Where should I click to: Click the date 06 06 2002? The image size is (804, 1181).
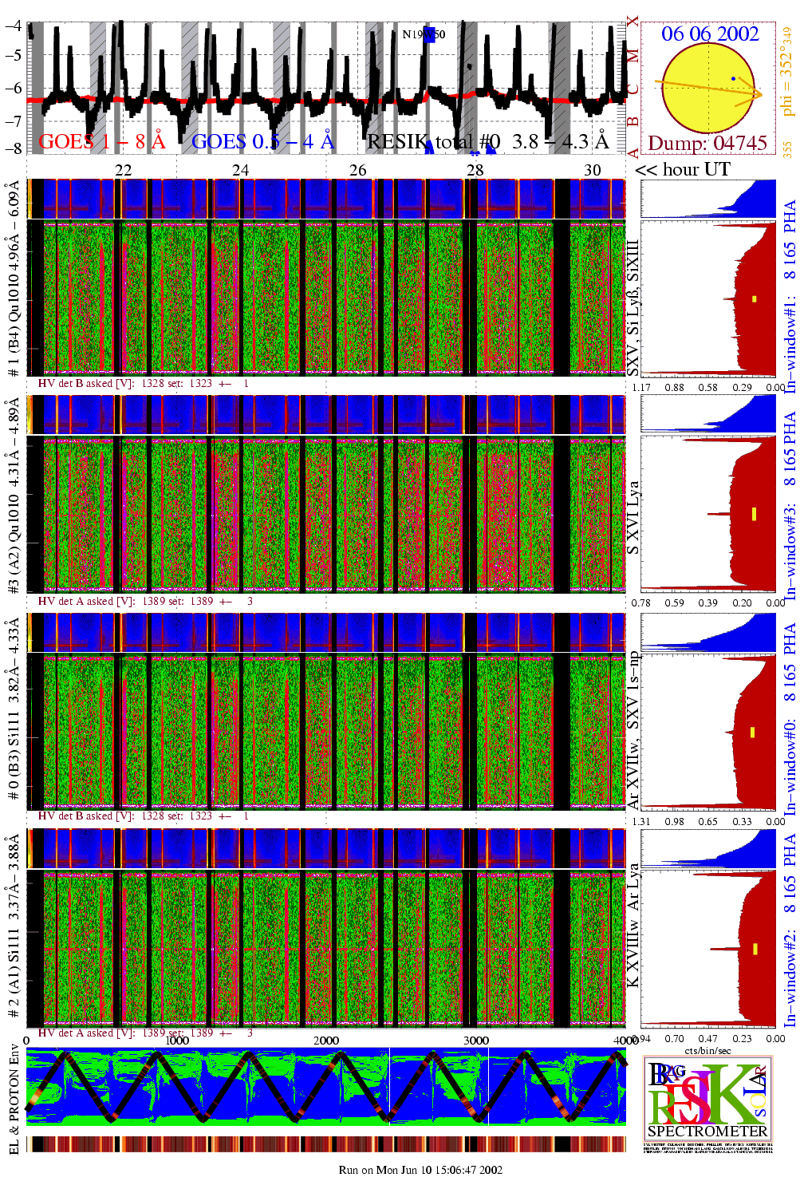tap(710, 34)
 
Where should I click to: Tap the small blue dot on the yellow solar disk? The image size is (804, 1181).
tap(733, 78)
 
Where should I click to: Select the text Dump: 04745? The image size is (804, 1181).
tap(707, 144)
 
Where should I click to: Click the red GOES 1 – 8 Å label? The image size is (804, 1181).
tap(101, 142)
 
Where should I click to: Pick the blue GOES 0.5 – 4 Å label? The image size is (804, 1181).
tap(262, 142)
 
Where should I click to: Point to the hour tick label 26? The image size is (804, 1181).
tap(358, 170)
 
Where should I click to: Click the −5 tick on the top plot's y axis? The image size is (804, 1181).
tap(13, 55)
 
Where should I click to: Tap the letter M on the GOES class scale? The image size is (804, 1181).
tap(633, 56)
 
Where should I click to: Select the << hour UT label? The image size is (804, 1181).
tap(682, 170)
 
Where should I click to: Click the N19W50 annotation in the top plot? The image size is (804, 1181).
tap(424, 34)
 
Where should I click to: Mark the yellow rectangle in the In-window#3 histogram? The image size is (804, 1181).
tap(754, 513)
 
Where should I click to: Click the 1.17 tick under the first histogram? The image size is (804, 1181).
tap(641, 388)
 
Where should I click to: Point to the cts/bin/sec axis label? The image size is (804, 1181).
tap(707, 1050)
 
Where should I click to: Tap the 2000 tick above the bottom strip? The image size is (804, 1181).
tap(325, 1041)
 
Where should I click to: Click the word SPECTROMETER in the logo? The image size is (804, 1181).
tap(707, 1131)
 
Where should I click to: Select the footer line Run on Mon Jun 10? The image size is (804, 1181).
tap(420, 1170)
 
